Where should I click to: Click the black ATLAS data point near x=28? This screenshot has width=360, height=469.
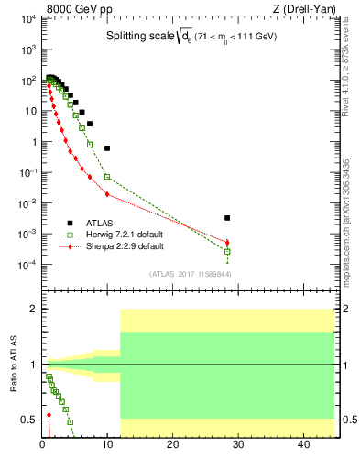click(227, 218)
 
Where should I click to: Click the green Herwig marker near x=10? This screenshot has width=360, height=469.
click(107, 176)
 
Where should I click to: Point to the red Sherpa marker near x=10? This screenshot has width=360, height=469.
click(107, 194)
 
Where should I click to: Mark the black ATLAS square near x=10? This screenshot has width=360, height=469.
click(107, 147)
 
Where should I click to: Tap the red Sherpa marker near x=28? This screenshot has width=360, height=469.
click(227, 242)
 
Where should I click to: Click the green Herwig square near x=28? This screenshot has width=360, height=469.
click(227, 251)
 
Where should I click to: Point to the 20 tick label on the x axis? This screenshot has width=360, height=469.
click(172, 444)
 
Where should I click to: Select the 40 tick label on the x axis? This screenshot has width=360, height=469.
click(302, 444)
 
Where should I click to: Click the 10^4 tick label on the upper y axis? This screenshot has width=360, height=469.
click(27, 18)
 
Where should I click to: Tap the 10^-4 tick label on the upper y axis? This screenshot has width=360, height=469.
click(27, 265)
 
